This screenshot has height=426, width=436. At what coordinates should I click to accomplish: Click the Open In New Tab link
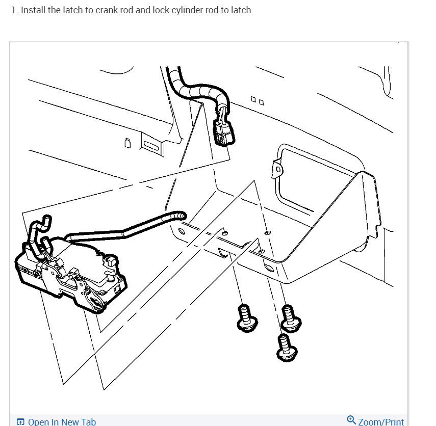[62, 421]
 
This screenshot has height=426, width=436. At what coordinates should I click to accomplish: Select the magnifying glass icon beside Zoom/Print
[351, 420]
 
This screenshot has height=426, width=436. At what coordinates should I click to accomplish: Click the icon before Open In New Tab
[20, 422]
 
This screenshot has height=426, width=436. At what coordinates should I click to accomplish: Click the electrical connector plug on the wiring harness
[222, 131]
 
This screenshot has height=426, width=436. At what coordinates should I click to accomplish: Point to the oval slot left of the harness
[151, 145]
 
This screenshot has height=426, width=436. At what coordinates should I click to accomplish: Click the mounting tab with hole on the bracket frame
[277, 169]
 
